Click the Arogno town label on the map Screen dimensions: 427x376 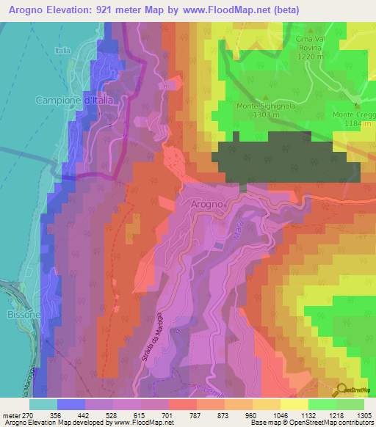[x=201, y=202]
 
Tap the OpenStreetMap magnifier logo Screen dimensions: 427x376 [x=342, y=390]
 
